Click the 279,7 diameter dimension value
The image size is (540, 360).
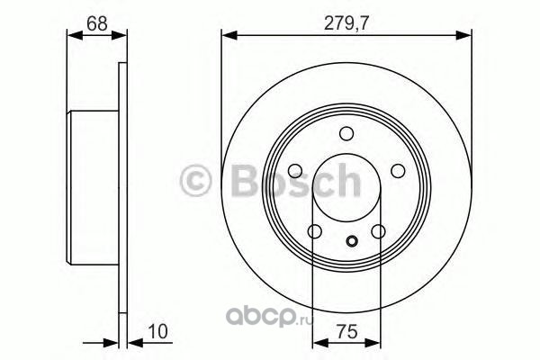[346, 23]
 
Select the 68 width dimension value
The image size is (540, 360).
[97, 23]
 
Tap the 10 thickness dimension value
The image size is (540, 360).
[157, 330]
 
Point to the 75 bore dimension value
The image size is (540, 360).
[346, 332]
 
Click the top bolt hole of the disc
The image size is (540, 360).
[346, 134]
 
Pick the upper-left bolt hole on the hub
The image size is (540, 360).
[295, 170]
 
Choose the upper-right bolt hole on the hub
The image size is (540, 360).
[398, 170]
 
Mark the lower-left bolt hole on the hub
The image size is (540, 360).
[315, 231]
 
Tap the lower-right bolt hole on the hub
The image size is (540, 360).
[379, 231]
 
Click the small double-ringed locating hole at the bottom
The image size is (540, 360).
[352, 241]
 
